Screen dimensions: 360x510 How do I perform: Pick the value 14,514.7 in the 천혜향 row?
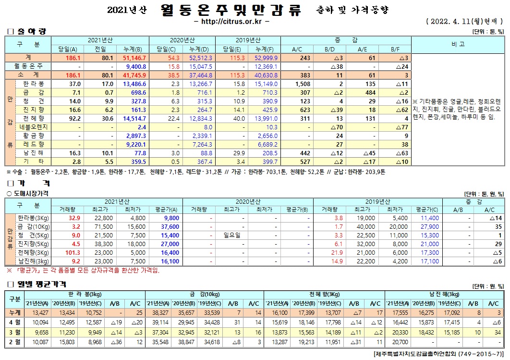click(x=134, y=118)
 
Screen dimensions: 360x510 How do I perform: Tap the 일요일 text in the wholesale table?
click(x=232, y=236)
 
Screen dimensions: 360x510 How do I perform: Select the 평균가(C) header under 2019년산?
click(x=427, y=209)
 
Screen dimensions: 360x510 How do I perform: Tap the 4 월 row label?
click(x=14, y=321)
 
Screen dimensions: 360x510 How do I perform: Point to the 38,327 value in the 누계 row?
click(x=158, y=312)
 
